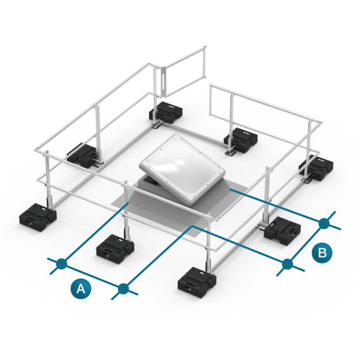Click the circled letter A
81,289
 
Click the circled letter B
322,253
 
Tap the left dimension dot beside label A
62,264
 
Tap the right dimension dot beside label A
123,289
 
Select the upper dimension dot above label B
324,223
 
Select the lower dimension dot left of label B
287,264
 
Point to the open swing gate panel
184,71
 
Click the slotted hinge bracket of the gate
163,83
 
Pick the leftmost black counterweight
38,217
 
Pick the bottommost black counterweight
197,282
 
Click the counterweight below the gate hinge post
166,112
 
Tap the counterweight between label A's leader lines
115,248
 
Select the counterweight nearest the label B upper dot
282,230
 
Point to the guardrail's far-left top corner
36,150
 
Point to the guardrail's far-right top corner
320,123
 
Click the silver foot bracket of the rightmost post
307,181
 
